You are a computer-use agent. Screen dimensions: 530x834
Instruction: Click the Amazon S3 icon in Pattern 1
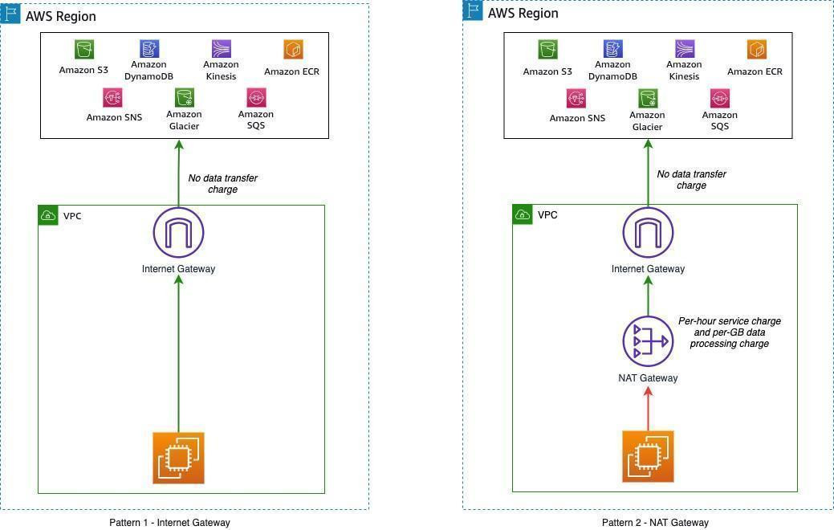point(83,50)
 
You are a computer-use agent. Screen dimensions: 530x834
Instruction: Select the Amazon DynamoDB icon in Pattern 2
point(612,49)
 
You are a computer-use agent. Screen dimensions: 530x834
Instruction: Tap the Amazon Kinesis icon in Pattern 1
point(221,49)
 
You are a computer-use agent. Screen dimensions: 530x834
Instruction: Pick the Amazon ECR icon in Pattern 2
point(755,50)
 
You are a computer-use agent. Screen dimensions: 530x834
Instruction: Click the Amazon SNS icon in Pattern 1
point(113,97)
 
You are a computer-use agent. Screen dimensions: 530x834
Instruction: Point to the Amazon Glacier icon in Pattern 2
point(648,99)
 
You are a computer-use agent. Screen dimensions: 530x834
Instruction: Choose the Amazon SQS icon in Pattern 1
point(256,97)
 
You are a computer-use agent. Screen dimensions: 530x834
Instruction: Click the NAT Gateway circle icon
point(648,340)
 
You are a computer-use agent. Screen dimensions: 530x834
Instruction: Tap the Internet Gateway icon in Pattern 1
point(178,232)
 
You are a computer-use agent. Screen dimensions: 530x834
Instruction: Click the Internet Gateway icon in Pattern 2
point(648,232)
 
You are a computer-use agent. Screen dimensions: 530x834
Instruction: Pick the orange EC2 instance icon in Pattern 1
point(178,458)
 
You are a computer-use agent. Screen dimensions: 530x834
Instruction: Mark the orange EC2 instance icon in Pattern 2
point(648,456)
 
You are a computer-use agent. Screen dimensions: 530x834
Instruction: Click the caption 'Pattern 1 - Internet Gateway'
point(169,523)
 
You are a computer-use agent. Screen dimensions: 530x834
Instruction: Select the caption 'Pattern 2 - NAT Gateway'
point(655,523)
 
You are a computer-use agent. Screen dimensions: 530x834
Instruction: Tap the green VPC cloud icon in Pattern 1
point(48,215)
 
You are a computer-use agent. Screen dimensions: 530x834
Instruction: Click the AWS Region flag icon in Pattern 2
point(473,10)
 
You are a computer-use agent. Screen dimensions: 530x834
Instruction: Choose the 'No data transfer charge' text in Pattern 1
point(222,184)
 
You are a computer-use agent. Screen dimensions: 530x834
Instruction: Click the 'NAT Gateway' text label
point(648,378)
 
